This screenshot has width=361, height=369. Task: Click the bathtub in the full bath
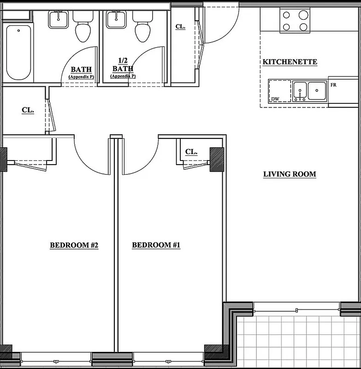18,53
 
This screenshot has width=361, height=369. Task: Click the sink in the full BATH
58,19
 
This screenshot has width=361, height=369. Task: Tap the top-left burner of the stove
286,15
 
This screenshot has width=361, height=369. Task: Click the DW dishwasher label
275,99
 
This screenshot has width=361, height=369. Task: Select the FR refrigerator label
334,85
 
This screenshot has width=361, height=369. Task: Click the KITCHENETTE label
290,62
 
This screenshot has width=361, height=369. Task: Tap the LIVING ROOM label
290,174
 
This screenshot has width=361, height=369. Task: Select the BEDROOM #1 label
156,245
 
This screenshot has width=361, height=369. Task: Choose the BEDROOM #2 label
74,245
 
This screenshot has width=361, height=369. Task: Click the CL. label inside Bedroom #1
191,152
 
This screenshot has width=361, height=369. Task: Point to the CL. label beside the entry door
180,27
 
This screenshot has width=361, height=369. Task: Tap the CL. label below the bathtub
28,110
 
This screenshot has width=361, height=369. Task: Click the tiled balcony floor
300,341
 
